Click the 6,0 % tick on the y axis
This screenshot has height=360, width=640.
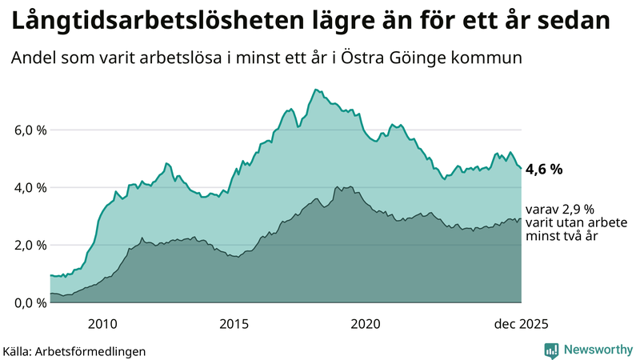29,130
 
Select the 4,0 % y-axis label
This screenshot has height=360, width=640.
29,187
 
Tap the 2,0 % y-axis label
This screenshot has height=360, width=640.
29,245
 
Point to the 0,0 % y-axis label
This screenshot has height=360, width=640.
29,302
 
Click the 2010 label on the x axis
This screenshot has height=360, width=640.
103,323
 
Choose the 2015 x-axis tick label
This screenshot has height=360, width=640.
234,323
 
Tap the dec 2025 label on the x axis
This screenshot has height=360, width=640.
521,323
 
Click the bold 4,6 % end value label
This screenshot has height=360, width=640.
544,169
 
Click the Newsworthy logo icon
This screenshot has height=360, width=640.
551,350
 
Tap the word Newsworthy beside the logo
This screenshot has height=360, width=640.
595,350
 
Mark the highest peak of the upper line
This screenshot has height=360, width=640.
316,90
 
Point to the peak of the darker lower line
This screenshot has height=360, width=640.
338,186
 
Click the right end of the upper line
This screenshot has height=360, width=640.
521,169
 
